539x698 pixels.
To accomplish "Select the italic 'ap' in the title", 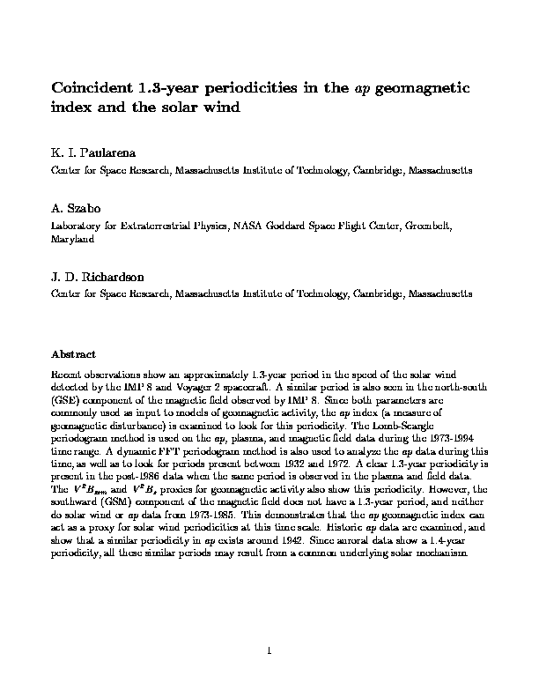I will click(x=362, y=88).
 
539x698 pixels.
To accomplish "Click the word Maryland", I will click(x=70, y=239).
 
